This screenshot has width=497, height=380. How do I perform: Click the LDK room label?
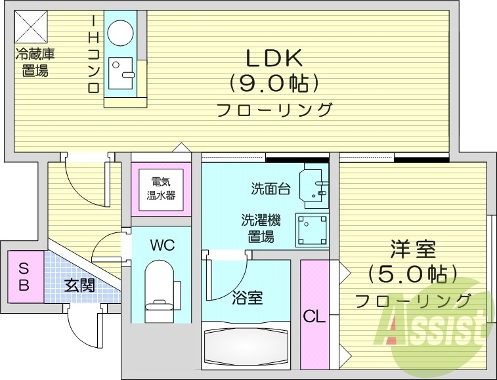coord(274,59)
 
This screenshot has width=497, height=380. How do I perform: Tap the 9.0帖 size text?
coord(274,83)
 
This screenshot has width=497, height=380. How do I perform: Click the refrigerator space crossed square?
coord(28,26)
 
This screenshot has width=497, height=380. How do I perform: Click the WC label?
coord(162,245)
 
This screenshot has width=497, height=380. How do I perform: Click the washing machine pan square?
coord(313,230)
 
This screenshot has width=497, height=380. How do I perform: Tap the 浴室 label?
coord(248,298)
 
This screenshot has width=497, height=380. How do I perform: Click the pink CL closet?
coord(314,315)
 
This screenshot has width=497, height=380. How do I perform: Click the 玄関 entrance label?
coord(79,285)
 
